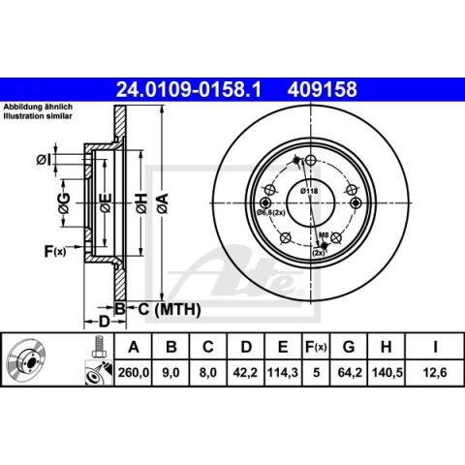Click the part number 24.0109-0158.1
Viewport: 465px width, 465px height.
[x=188, y=89]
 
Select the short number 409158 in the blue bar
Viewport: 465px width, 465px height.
[x=323, y=89]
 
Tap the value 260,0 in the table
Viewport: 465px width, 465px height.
[x=134, y=373]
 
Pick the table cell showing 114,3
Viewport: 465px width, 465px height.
[x=283, y=373]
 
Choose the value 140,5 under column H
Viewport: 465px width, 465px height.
[x=387, y=373]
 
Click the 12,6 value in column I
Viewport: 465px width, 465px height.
[x=435, y=373]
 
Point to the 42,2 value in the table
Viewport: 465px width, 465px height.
[x=245, y=373]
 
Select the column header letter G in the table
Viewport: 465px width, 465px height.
[x=349, y=347]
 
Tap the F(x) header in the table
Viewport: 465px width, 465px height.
[x=316, y=347]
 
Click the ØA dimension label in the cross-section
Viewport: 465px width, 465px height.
[x=163, y=202]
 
